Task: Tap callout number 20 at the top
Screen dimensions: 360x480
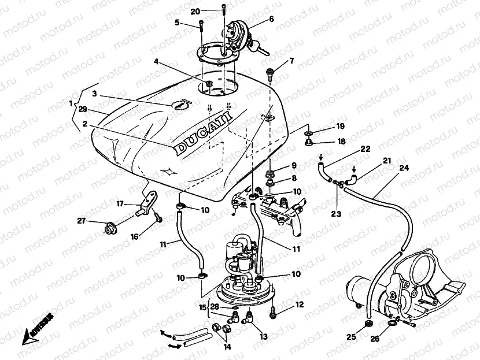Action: tap(195, 12)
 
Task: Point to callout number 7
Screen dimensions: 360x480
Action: tap(291, 61)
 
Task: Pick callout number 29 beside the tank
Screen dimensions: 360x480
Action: tap(83, 109)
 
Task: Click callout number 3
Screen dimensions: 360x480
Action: tap(94, 94)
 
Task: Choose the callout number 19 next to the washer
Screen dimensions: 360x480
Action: tap(341, 126)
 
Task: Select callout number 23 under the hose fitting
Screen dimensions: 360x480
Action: tap(337, 213)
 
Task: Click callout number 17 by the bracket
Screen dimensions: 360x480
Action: tap(120, 203)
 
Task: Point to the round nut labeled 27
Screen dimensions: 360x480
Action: tap(107, 229)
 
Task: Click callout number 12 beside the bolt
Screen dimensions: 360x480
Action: tap(299, 304)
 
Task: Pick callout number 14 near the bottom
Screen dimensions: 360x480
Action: tap(226, 347)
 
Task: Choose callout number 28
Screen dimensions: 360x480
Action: tap(215, 306)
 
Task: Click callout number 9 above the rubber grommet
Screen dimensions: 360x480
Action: tap(294, 165)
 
